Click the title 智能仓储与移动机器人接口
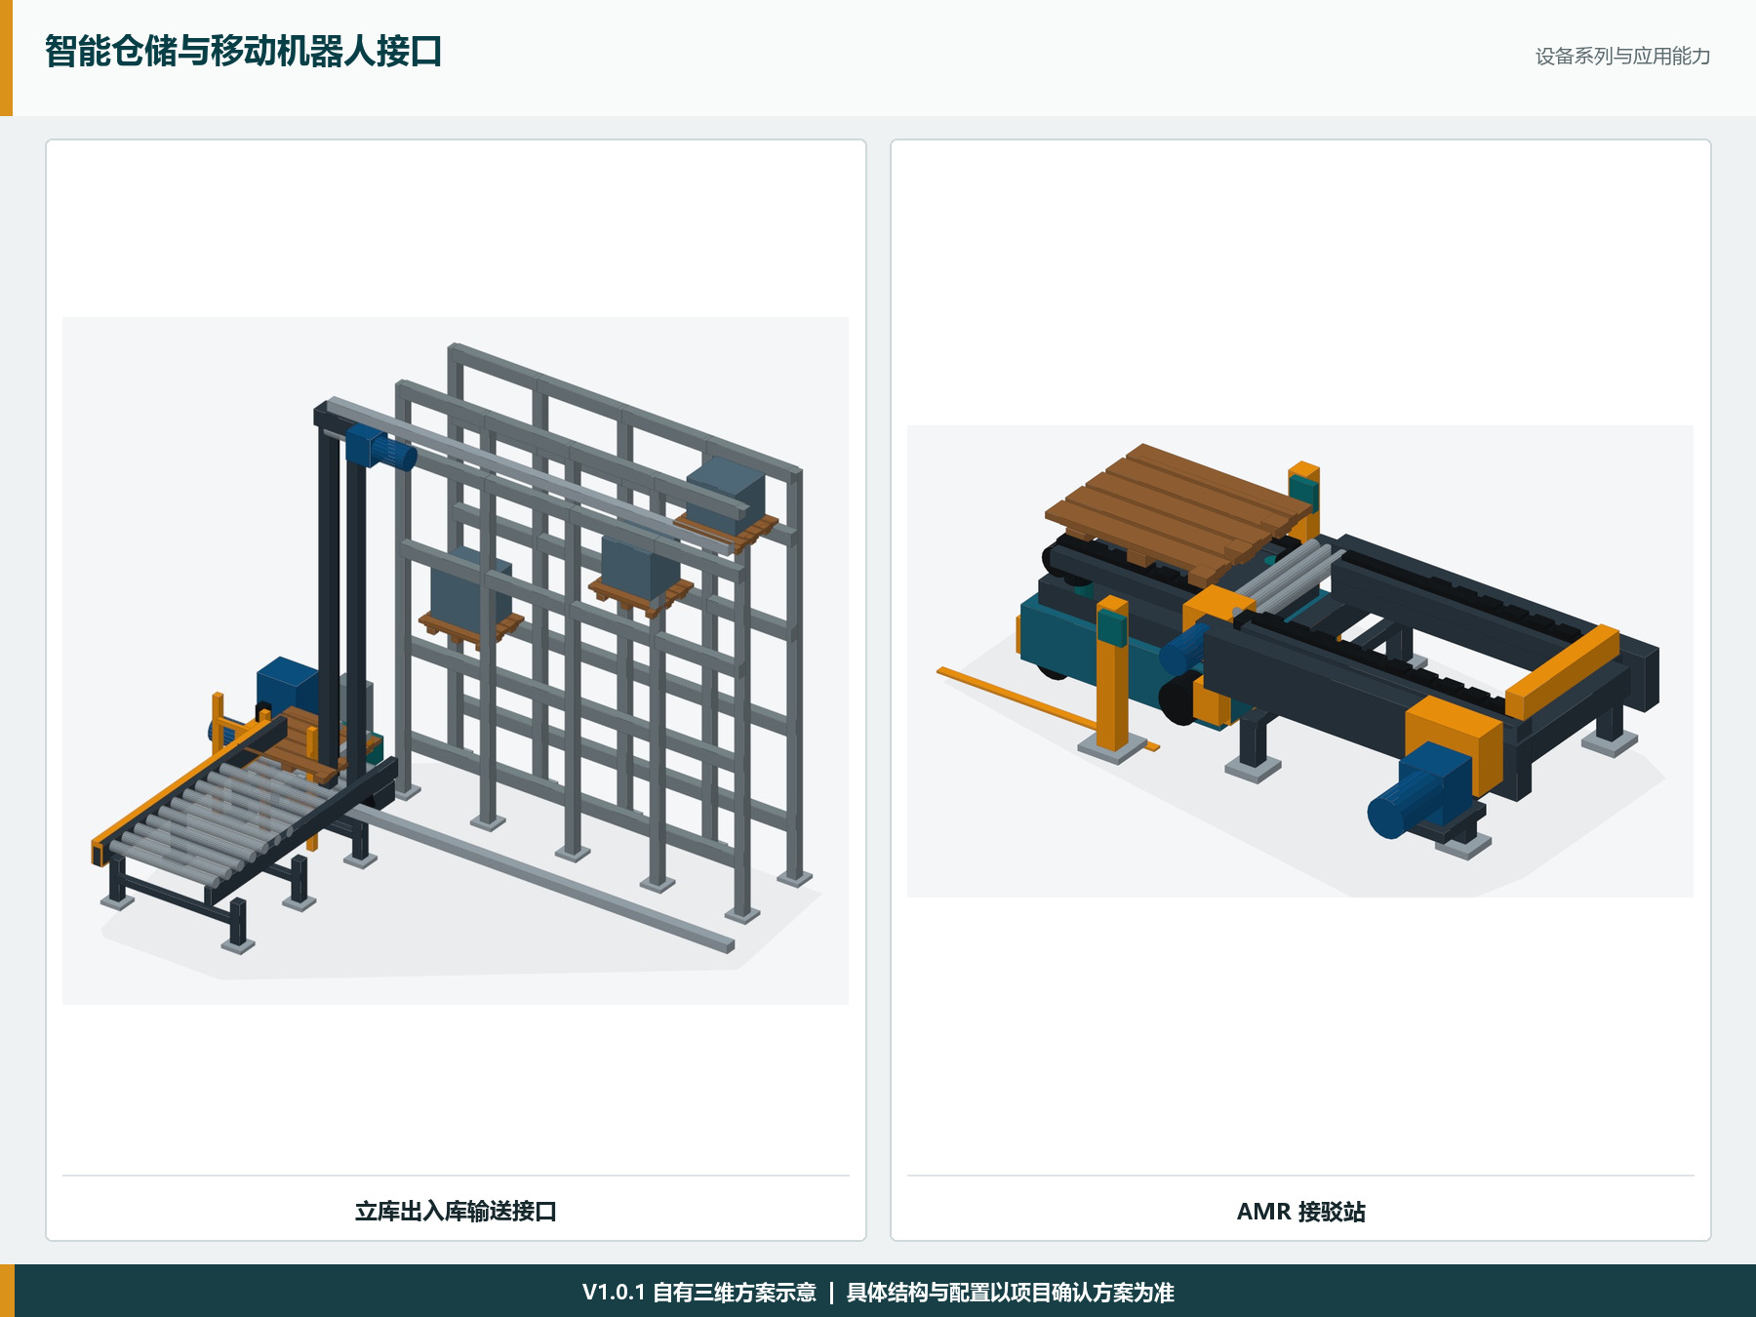(x=243, y=52)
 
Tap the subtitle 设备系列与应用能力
(x=1622, y=57)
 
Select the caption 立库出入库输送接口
(x=456, y=1212)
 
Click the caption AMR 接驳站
(x=1301, y=1212)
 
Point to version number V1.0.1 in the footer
(x=614, y=1293)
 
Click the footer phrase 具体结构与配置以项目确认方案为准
(x=1010, y=1293)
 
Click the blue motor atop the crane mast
(x=379, y=450)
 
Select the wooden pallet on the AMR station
(x=1179, y=509)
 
